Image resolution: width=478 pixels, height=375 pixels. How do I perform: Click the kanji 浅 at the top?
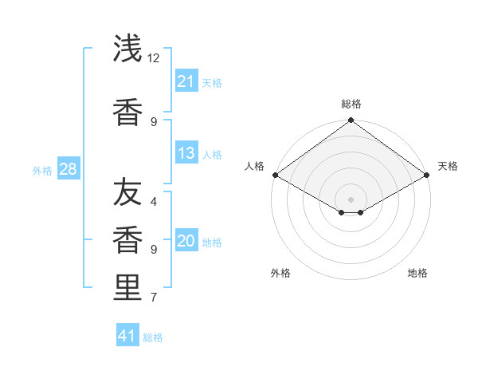coord(127,49)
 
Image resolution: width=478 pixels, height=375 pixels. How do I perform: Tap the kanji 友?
coord(127,193)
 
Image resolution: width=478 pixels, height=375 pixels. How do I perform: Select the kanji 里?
coord(127,286)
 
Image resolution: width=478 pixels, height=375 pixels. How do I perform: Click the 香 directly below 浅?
coord(127,112)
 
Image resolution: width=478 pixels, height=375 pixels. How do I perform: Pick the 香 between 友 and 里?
coord(127,240)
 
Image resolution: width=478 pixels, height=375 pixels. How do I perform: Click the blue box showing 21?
coord(186,81)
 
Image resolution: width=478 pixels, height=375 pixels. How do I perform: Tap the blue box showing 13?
coord(186,153)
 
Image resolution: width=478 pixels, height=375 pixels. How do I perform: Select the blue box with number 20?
coord(186,241)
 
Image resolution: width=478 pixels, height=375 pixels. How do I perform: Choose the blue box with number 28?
coord(68,169)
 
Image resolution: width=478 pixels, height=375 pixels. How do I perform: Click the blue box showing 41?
coord(127,336)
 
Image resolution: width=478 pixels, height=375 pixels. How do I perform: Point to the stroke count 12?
coord(154,58)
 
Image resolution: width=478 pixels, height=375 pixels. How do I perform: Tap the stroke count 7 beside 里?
coord(154,298)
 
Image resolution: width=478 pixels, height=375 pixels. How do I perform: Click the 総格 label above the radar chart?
coord(351,104)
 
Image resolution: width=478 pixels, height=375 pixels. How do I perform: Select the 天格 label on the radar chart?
coord(449,166)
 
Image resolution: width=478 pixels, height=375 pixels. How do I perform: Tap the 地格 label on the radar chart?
coord(417,273)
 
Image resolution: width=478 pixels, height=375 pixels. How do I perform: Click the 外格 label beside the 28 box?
coord(42,170)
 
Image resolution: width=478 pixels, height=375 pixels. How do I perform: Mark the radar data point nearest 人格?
coord(274,175)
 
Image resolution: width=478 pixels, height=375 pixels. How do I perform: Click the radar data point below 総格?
coord(351,121)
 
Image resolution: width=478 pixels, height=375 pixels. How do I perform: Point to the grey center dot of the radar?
coord(351,199)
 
